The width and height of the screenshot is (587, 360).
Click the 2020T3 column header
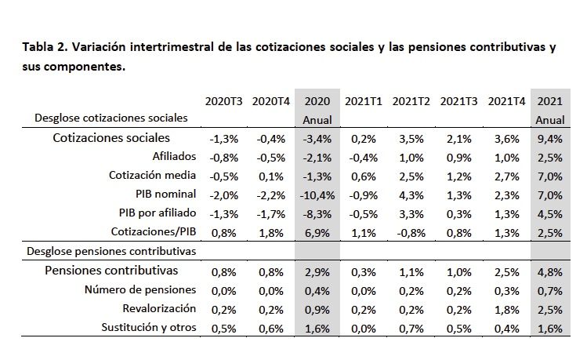(223, 101)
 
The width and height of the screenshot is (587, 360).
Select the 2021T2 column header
(411, 101)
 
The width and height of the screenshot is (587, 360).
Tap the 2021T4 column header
(505, 101)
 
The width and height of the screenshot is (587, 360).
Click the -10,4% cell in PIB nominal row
(317, 195)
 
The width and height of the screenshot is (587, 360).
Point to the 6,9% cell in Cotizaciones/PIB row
(317, 232)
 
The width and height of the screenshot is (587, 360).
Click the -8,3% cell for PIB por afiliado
(317, 213)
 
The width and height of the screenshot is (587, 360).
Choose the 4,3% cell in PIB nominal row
(411, 195)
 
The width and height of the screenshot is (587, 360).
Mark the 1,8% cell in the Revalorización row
(505, 309)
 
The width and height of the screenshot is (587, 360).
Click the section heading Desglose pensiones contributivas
(111, 252)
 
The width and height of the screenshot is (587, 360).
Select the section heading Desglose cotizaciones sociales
(111, 118)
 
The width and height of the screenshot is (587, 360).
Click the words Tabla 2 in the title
(46, 48)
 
